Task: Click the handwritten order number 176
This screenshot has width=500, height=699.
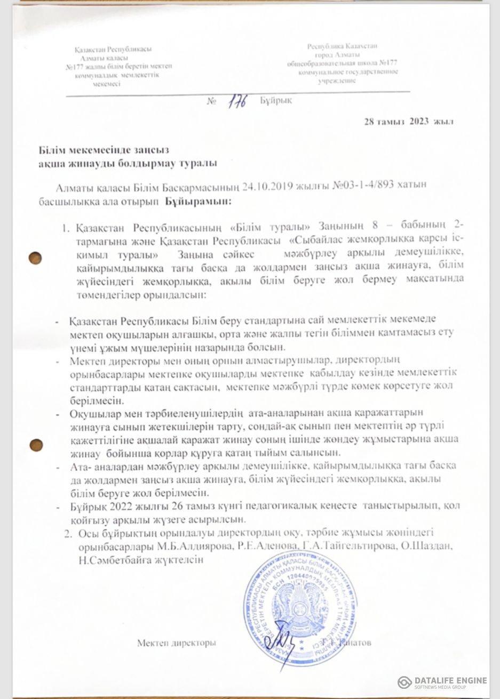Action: [235, 101]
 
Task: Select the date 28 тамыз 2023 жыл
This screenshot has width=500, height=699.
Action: [409, 122]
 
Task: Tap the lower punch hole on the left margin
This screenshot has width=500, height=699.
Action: [37, 444]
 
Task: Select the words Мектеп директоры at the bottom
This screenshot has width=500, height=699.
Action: [176, 643]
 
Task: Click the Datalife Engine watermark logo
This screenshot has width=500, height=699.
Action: [406, 682]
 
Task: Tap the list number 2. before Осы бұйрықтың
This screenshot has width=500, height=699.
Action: [68, 533]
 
